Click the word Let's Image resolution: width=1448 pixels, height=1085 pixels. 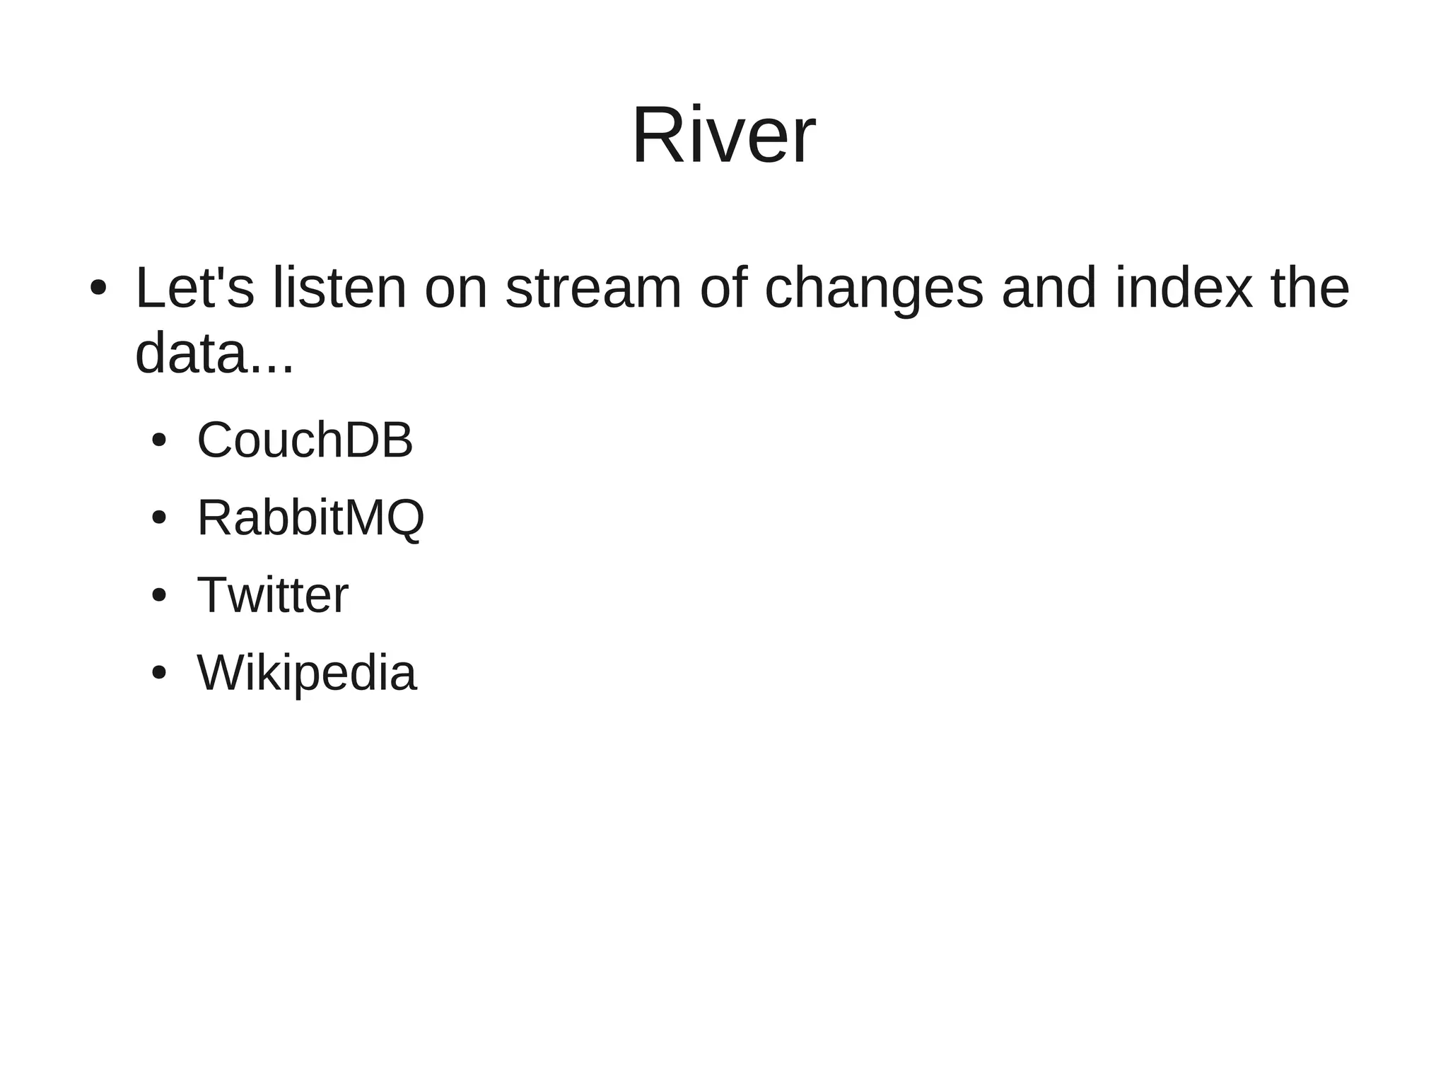point(194,288)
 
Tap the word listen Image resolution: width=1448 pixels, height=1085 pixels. point(339,288)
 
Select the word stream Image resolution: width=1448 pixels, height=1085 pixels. point(593,288)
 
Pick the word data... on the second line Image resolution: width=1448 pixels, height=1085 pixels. point(214,353)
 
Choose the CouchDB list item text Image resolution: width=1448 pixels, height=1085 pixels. point(305,440)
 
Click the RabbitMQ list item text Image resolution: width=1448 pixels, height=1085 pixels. point(310,518)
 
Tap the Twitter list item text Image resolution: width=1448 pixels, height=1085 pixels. point(272,595)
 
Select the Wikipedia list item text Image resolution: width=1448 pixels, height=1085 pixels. point(307,673)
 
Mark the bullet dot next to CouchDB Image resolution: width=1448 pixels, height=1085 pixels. point(159,440)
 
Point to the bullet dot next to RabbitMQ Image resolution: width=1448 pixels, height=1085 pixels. point(159,518)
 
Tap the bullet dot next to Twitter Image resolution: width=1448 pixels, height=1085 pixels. point(159,595)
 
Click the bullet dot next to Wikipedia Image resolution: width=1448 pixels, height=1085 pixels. point(159,673)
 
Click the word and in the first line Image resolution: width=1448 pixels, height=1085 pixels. point(1049,288)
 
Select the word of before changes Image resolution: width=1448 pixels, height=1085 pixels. point(723,288)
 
